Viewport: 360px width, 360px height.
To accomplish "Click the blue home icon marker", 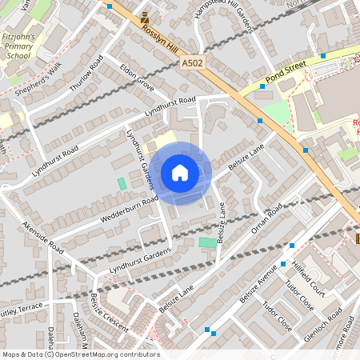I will [x=180, y=172].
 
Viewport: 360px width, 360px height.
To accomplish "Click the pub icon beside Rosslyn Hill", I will [x=144, y=17].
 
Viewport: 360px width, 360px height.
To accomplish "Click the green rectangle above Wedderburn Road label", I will [x=122, y=183].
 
